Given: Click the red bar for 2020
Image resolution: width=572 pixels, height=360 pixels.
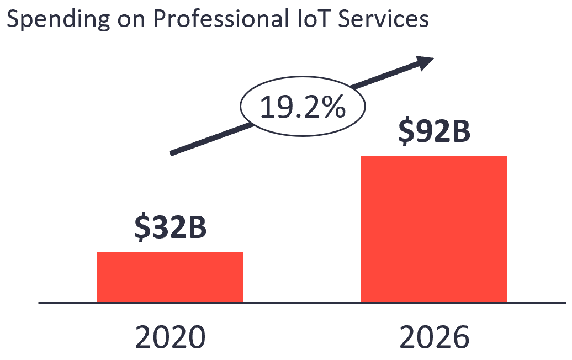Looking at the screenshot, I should (170, 277).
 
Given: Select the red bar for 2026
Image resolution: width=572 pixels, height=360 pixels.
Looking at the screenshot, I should (434, 229).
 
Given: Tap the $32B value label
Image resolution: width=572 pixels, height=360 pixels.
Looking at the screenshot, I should (171, 228).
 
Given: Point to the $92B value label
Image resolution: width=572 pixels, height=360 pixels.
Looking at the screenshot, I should (434, 131).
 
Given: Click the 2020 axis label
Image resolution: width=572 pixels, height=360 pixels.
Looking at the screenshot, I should (171, 336).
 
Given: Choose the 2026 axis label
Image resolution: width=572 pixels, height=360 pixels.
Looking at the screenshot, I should (434, 336).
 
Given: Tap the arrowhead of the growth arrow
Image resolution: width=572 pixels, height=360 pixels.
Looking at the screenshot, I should (426, 62).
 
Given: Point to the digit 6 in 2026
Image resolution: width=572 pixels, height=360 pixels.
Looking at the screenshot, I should (459, 336).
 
